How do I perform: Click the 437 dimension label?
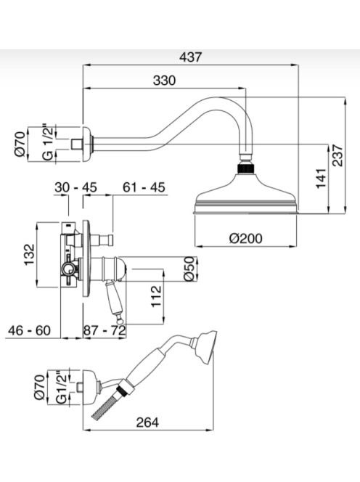[x=191, y=57]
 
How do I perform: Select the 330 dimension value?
[x=165, y=81]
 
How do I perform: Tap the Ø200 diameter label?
[x=246, y=238]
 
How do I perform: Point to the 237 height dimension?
[x=338, y=155]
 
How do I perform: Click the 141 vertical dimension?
[x=321, y=179]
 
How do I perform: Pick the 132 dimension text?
[x=30, y=255]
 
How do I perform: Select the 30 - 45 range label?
[x=76, y=187]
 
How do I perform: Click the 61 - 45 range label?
[x=144, y=187]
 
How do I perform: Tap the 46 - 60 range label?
[x=29, y=330]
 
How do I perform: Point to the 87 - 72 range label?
[x=105, y=330]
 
